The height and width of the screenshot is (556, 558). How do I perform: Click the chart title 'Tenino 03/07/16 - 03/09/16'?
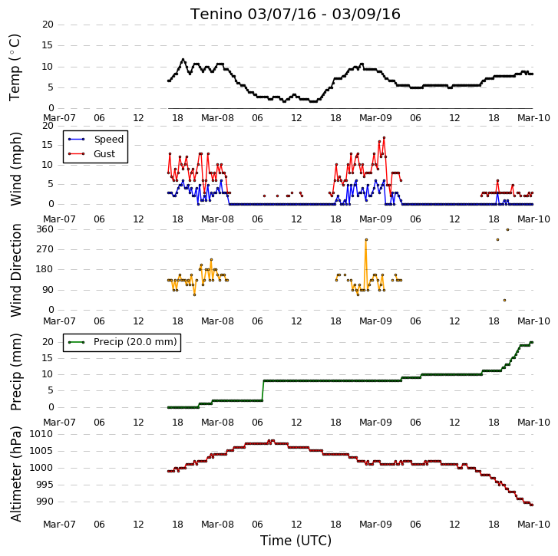[x=296, y=15]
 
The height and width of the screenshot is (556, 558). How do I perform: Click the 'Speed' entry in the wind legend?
[x=108, y=140]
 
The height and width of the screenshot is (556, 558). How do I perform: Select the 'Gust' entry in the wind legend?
[x=104, y=154]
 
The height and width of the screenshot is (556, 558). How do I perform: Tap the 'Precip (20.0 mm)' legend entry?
[x=135, y=342]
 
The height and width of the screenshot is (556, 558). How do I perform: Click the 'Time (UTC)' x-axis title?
[x=296, y=541]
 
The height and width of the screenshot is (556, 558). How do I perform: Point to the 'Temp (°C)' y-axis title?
[x=15, y=67]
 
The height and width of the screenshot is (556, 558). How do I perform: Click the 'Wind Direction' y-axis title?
[x=15, y=270]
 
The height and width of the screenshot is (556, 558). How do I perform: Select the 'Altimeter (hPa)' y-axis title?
[x=15, y=474]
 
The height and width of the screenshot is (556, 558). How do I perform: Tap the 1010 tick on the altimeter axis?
[x=41, y=434]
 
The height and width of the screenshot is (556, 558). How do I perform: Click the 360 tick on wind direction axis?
[x=45, y=229]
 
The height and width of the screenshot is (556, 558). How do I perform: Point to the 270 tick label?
[x=45, y=249]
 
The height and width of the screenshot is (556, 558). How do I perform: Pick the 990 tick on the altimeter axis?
[x=45, y=502]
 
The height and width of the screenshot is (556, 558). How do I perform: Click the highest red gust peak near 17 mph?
[x=384, y=137]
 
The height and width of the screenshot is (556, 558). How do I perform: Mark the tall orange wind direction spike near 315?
[x=366, y=239]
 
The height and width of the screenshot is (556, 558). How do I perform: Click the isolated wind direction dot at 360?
[x=508, y=229]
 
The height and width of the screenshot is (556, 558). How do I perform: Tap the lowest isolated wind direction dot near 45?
[x=504, y=301]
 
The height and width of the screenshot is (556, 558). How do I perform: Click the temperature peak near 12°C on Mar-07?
[x=183, y=60]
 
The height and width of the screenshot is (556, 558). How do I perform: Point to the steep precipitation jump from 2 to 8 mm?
[x=263, y=390]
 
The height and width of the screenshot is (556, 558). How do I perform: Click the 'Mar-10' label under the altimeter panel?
[x=533, y=525]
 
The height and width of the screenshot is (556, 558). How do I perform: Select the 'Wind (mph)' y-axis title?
[x=15, y=169]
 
